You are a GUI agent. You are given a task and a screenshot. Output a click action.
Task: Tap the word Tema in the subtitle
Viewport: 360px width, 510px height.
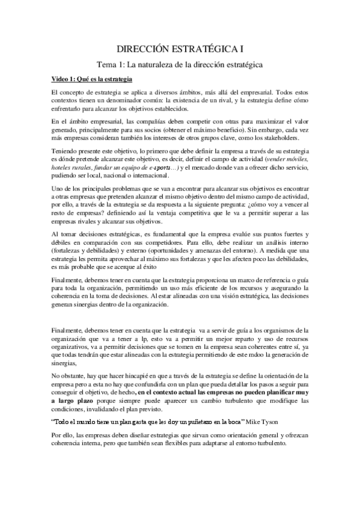coord(108,63)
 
